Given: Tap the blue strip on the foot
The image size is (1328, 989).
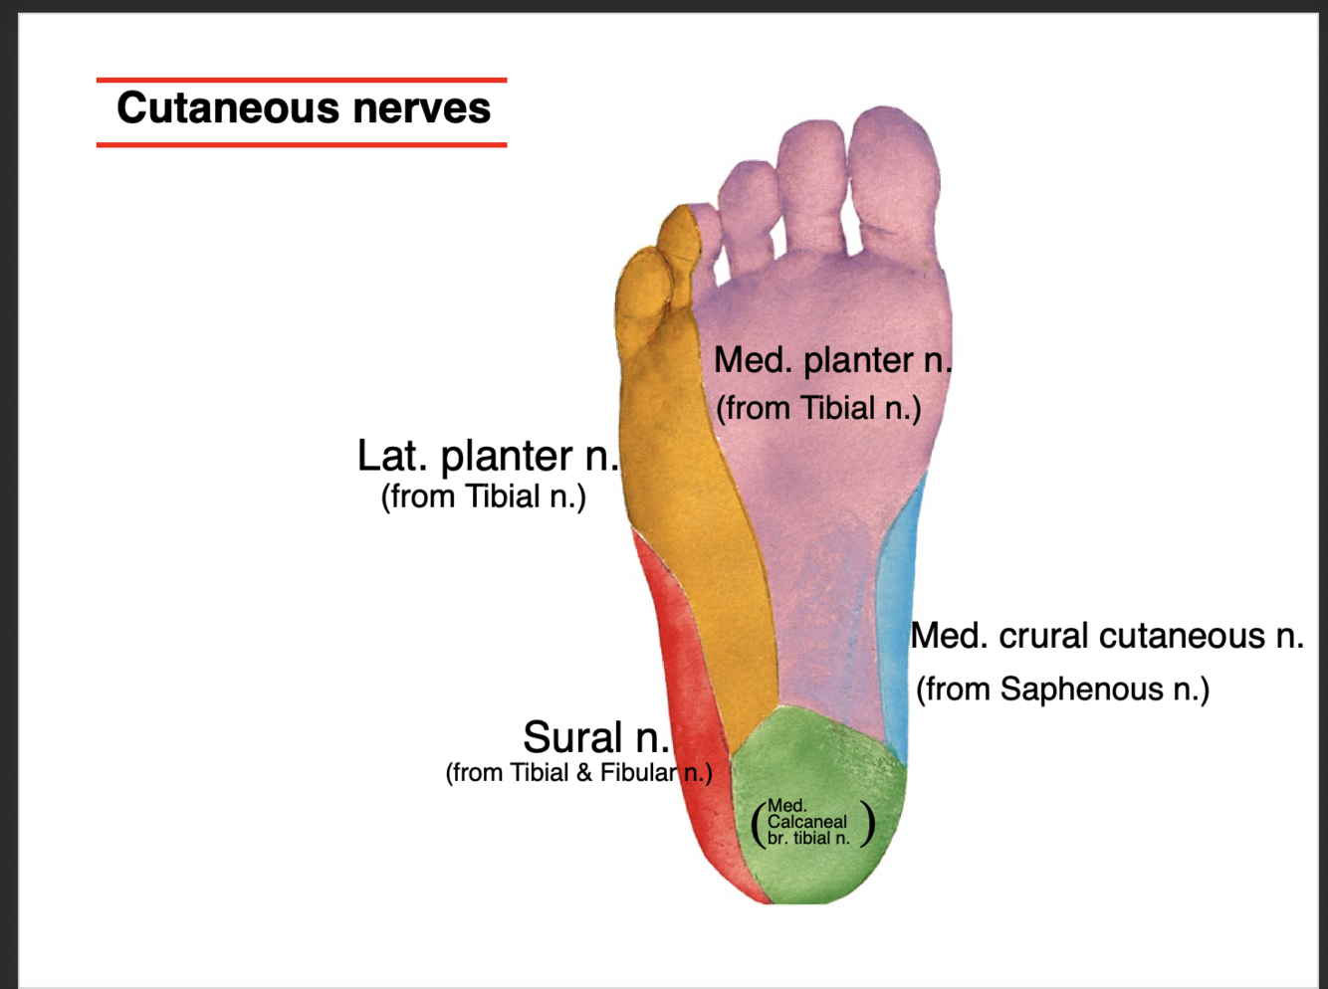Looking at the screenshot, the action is pyautogui.click(x=896, y=617).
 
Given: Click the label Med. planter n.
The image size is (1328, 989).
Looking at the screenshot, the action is pyautogui.click(x=832, y=360).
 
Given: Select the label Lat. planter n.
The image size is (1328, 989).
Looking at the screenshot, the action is pyautogui.click(x=488, y=456).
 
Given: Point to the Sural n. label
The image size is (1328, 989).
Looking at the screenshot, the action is pyautogui.click(x=595, y=737).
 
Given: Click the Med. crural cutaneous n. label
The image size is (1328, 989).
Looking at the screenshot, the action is pyautogui.click(x=1106, y=636).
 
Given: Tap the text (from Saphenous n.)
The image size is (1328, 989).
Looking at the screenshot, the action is pyautogui.click(x=1062, y=690).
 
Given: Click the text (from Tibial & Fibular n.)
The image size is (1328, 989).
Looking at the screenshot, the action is pyautogui.click(x=578, y=773).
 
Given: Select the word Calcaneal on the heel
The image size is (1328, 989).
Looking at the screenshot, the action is pyautogui.click(x=806, y=822).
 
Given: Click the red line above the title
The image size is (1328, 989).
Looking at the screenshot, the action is pyautogui.click(x=302, y=80).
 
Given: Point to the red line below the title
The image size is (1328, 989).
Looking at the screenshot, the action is pyautogui.click(x=302, y=145).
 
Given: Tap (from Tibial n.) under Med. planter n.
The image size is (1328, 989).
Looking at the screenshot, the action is pyautogui.click(x=818, y=408).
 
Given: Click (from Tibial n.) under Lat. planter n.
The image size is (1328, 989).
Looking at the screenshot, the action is pyautogui.click(x=483, y=496).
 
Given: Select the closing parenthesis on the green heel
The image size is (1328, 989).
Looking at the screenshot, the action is pyautogui.click(x=869, y=823).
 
